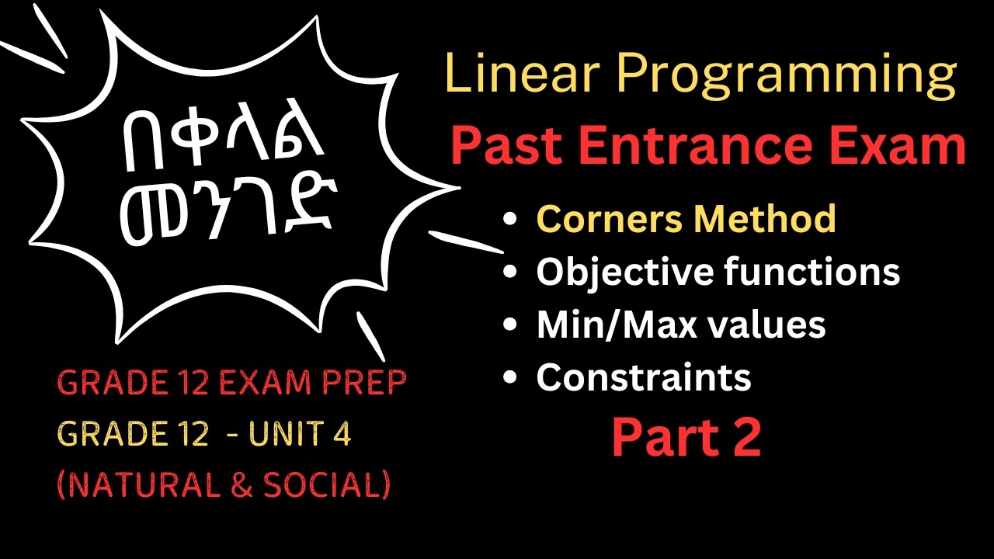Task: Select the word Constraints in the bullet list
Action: click(644, 377)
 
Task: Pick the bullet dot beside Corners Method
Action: click(510, 220)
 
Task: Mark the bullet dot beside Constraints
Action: click(510, 379)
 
